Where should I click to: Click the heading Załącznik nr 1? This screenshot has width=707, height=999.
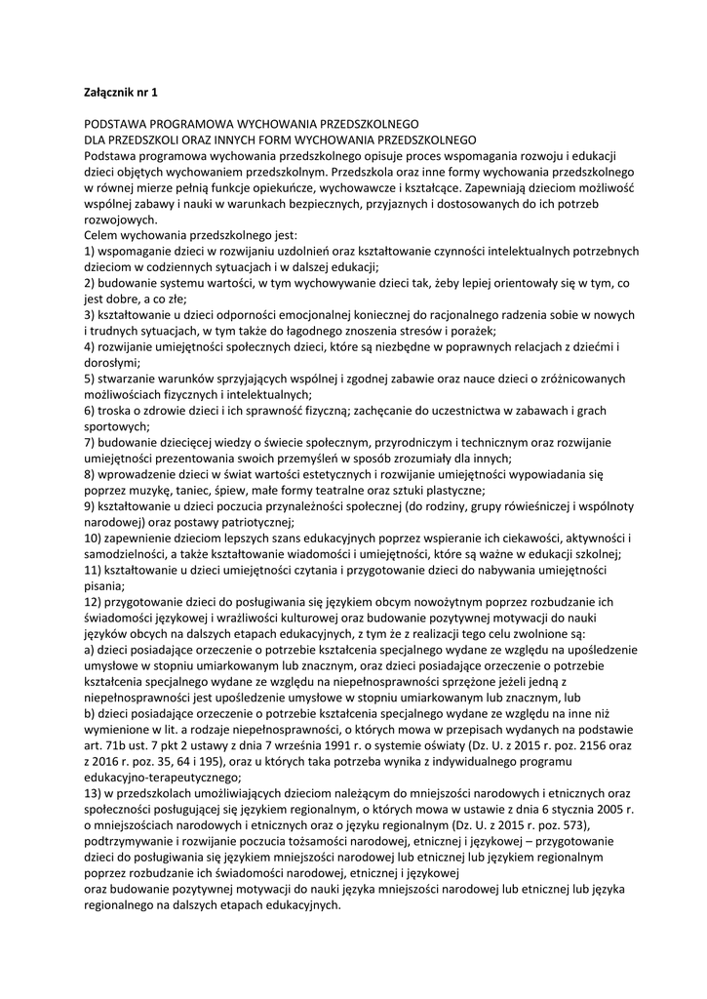tap(121, 93)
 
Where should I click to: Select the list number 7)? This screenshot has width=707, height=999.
tap(91, 442)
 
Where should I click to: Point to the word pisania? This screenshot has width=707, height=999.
tap(103, 585)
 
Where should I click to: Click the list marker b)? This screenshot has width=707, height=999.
tap(91, 698)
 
